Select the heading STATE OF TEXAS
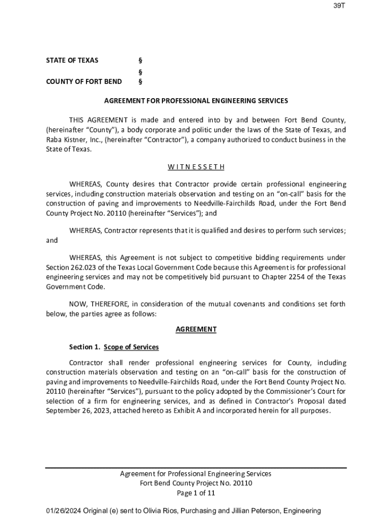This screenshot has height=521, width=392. (x=72, y=61)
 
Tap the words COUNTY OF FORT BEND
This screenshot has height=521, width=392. (x=84, y=81)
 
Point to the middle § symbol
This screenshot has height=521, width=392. (x=140, y=71)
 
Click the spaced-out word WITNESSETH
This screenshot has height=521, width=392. (x=196, y=166)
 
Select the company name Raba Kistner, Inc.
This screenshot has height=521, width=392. (x=74, y=140)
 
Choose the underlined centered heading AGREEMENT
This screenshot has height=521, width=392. (x=196, y=329)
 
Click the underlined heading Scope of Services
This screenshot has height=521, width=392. (x=131, y=347)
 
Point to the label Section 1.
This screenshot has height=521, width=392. (x=85, y=347)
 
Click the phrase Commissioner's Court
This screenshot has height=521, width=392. (x=292, y=392)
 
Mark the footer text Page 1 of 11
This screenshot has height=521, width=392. (x=196, y=493)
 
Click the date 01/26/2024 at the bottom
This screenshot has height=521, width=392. (x=63, y=511)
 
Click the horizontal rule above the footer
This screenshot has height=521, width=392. (x=196, y=468)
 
